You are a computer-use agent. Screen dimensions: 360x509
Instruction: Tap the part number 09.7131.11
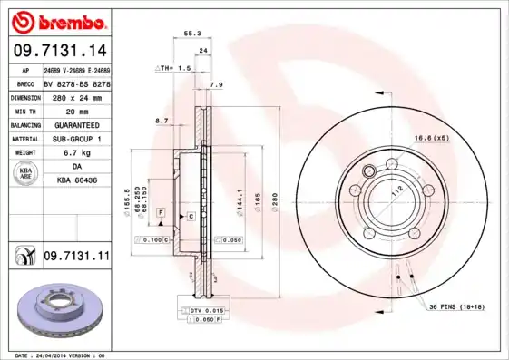point(76,258)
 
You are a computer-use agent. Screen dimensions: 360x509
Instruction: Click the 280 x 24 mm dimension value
point(77,96)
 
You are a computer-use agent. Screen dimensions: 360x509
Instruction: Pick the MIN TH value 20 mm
point(77,110)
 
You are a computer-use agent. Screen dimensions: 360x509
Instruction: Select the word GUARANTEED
point(77,124)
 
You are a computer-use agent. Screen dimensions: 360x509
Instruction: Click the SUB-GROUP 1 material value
point(77,139)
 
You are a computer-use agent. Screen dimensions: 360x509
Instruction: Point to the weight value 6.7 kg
point(77,153)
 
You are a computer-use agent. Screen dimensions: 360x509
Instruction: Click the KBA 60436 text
point(77,181)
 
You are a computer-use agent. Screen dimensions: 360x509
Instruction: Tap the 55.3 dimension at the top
point(192,33)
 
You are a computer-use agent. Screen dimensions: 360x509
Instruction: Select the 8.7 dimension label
point(162,120)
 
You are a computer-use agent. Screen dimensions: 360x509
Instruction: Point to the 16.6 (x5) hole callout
point(432,138)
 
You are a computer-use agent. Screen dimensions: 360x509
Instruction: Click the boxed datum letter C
point(191,216)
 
